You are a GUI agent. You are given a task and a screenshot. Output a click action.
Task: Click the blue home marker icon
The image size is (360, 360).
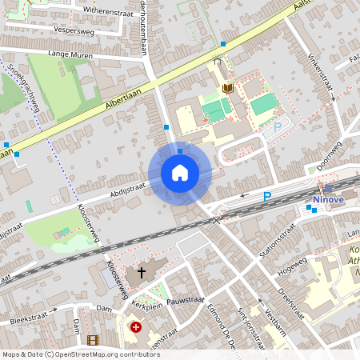(179, 172)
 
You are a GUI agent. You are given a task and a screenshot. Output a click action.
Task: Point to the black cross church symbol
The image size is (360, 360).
(142, 272)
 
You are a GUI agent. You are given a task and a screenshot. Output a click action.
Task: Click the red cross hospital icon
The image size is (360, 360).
(136, 327)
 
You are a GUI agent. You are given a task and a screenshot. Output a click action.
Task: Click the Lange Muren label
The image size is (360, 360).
(70, 55)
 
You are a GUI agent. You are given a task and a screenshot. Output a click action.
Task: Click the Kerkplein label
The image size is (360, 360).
(148, 305)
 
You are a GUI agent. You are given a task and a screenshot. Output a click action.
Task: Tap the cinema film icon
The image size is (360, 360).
(93, 340)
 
